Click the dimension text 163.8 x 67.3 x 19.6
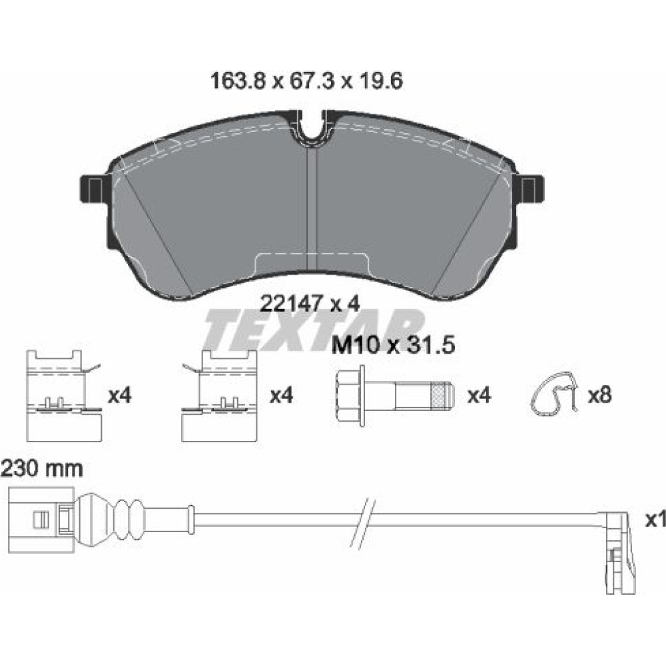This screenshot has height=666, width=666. [x=306, y=81]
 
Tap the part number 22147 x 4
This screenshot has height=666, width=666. [x=310, y=304]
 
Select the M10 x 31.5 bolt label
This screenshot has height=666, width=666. [x=393, y=345]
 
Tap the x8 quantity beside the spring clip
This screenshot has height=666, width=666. [x=599, y=396]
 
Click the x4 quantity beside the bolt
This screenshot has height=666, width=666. [x=479, y=396]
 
